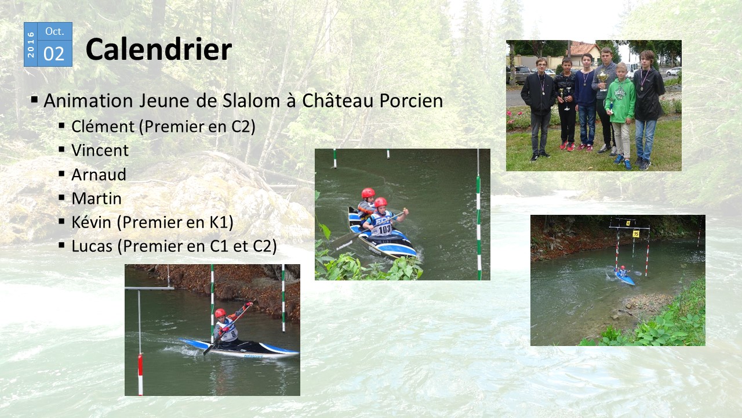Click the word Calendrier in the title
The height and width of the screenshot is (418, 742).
coord(159,49)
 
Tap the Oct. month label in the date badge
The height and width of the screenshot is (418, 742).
coord(54,31)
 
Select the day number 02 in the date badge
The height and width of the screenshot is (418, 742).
coord(54,53)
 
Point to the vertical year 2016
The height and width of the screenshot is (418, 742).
coord(31,45)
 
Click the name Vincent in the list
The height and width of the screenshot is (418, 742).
coord(100,150)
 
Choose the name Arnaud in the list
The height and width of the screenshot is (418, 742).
coord(99,175)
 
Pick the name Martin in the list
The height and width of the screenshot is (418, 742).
coord(96,199)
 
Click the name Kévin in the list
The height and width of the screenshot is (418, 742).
coord(91,222)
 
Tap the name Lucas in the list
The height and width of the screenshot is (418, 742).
coord(92,246)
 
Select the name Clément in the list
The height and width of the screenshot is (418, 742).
coord(103,127)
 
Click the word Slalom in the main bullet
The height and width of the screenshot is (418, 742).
coord(251,100)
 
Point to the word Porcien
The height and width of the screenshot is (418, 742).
coord(411,100)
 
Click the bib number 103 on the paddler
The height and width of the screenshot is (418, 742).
coord(384,229)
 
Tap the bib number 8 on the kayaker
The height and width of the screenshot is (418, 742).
coord(233,333)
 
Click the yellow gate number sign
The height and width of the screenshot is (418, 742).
coord(635,234)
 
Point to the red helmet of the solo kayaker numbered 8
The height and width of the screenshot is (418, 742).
coord(220,313)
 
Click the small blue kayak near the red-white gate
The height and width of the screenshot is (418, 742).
coord(625,279)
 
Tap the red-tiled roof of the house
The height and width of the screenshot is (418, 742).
coord(584,48)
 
